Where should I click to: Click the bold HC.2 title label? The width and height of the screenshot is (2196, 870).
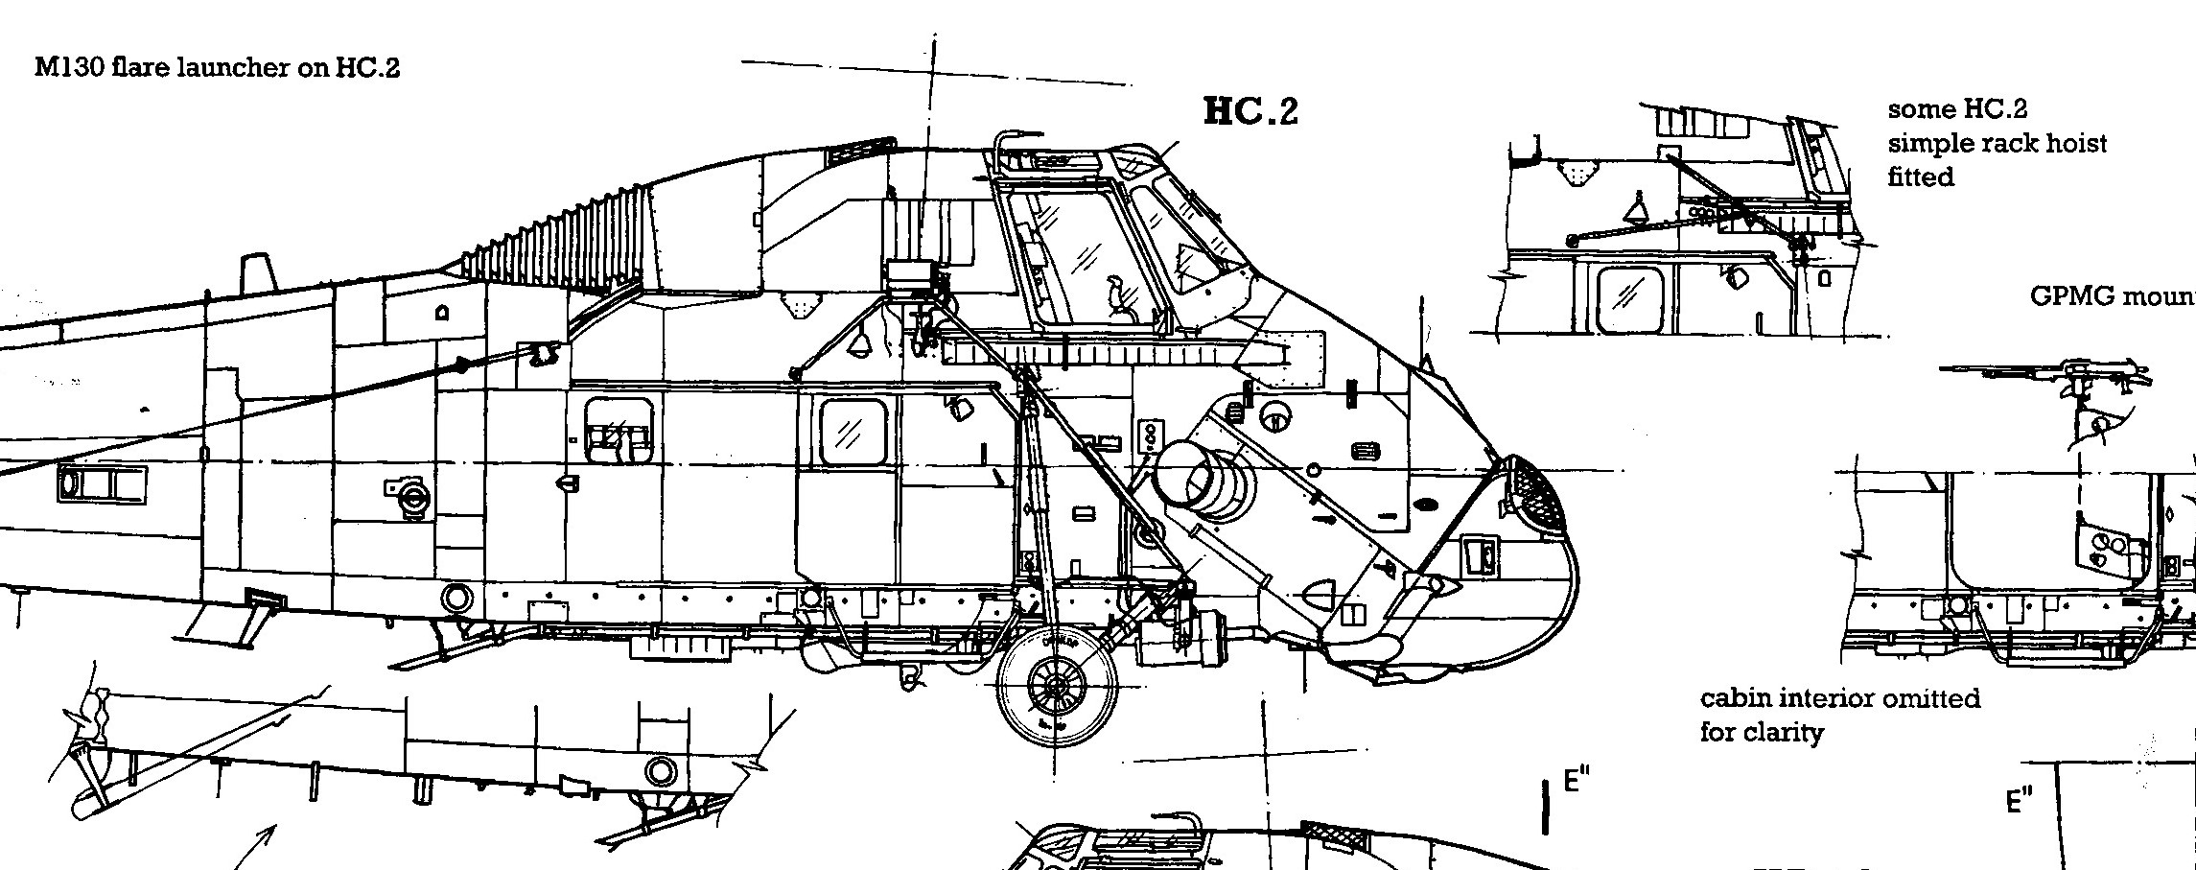(1250, 112)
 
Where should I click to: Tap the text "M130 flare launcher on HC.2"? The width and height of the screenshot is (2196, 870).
(217, 68)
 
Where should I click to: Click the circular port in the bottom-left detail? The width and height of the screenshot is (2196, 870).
(660, 769)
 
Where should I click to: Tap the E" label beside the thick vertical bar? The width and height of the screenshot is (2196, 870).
(1576, 780)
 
